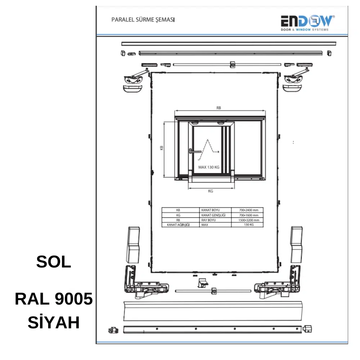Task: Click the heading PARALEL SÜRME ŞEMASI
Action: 143,20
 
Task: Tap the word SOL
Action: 54,262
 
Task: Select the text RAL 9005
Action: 54,299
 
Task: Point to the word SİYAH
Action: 54,322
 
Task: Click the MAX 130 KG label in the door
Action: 209,167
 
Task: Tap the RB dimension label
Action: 219,108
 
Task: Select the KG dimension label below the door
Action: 211,191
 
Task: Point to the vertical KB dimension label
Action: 161,148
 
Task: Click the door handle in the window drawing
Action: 195,151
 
